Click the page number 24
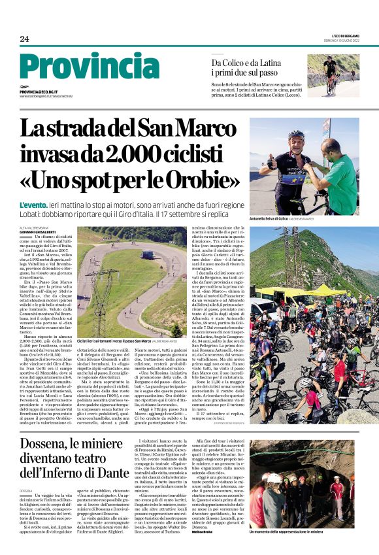[24, 39]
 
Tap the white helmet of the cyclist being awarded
[297, 135]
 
